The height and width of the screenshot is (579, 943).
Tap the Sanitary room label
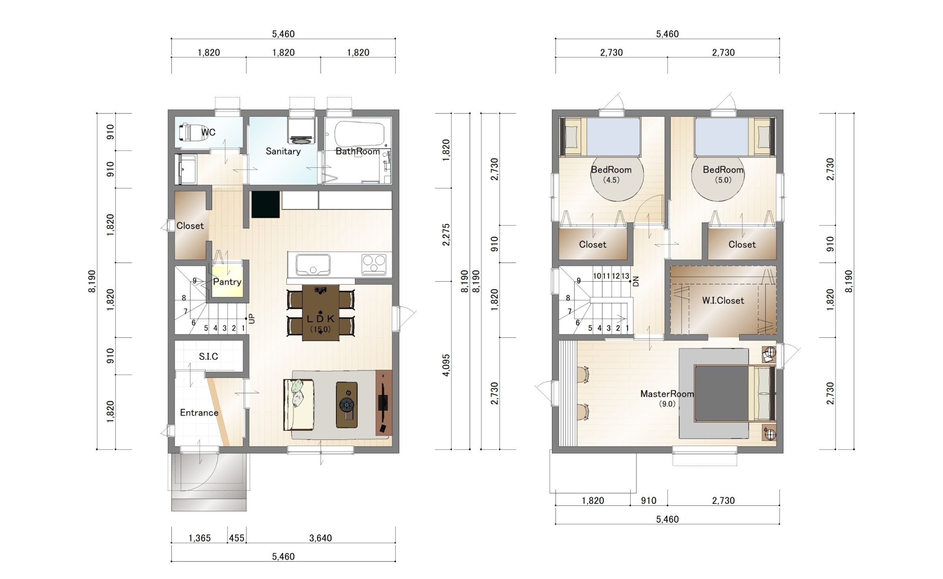tap(283, 151)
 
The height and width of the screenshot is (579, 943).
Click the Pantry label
tap(227, 282)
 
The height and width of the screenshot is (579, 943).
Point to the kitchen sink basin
tap(313, 265)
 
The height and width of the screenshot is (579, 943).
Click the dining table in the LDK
tap(321, 313)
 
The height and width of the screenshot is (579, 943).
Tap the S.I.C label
tap(208, 356)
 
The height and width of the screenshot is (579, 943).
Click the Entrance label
tap(199, 413)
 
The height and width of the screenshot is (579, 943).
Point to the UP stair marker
tap(252, 319)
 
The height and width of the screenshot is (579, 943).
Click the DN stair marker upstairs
tap(637, 281)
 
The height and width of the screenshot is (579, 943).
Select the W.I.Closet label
tap(723, 301)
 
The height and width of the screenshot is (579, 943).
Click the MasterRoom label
tap(667, 394)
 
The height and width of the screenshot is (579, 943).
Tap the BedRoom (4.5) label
tap(611, 174)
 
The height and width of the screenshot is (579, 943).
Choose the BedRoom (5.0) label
tap(723, 174)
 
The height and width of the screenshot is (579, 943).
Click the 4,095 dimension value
tap(446, 365)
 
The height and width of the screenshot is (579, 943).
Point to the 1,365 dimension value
tap(200, 538)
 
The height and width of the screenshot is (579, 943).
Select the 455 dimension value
tap(237, 538)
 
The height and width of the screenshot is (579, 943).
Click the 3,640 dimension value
tap(321, 538)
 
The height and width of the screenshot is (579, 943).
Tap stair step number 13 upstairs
tap(625, 276)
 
